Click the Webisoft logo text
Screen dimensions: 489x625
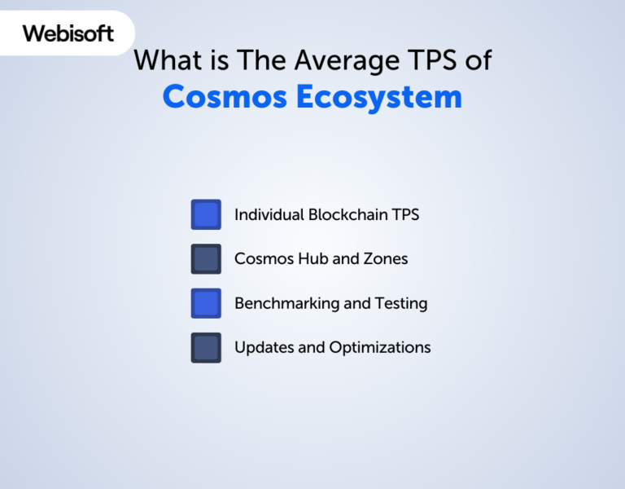click(68, 33)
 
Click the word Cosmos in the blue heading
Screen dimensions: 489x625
click(225, 96)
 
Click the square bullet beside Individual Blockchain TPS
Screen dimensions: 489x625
click(206, 215)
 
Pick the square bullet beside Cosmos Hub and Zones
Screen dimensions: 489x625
click(206, 259)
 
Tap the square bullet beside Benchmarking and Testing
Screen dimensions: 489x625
click(206, 303)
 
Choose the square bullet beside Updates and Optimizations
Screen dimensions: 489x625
click(206, 347)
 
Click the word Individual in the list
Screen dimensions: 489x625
click(269, 215)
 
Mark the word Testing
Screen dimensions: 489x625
click(401, 303)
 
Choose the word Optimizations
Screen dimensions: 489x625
click(380, 347)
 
